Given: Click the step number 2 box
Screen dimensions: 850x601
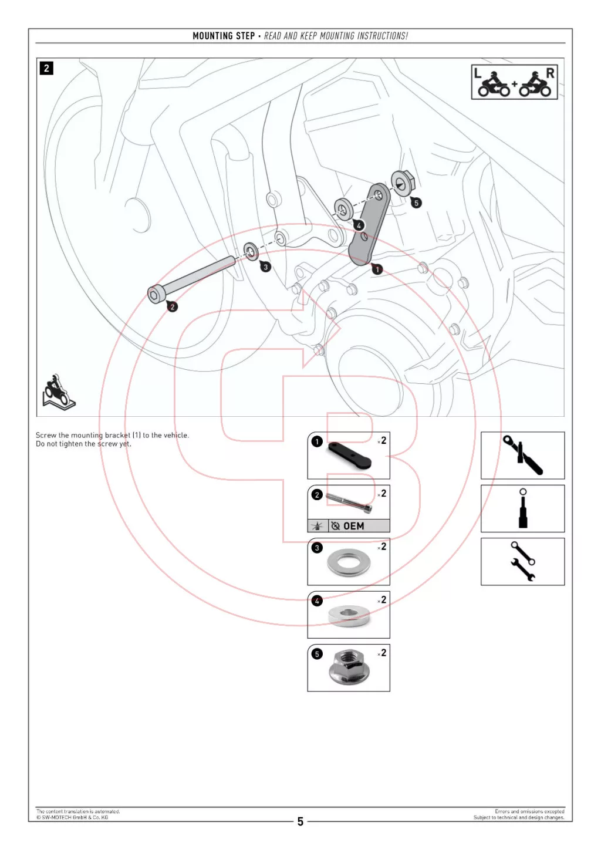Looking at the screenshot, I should point(46,68).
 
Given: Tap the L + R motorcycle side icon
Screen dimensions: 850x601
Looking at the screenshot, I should point(514,82).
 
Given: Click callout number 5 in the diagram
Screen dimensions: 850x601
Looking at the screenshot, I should point(416,203).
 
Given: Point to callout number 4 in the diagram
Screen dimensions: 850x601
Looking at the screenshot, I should point(359,225).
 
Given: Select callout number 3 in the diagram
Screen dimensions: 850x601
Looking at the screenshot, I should point(266,267).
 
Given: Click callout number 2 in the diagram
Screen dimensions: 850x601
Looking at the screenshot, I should point(172,306).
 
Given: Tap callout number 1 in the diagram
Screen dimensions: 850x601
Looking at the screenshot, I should point(377,269).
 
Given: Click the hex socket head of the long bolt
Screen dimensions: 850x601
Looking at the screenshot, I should point(155,294).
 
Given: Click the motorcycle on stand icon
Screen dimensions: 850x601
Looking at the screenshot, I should point(58,392).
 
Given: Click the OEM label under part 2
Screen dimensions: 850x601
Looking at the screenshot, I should point(353,526).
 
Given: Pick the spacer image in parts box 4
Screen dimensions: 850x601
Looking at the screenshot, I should point(349,615).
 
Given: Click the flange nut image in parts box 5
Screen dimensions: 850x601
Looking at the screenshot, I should point(348,668).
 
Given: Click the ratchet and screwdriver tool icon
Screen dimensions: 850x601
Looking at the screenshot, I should point(522,455).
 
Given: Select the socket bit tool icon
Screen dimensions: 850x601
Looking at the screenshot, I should point(522,508).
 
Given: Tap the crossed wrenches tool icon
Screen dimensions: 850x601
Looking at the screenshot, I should point(522,561).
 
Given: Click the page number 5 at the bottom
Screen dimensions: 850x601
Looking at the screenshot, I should point(300,821).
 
